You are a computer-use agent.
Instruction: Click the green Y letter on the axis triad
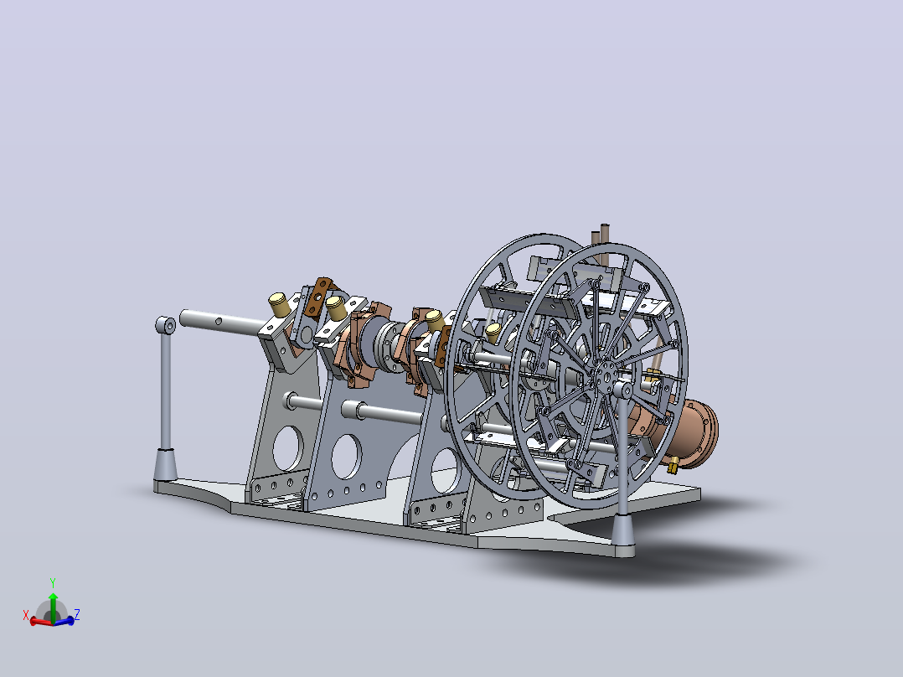point(53,582)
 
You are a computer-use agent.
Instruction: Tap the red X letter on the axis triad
point(26,615)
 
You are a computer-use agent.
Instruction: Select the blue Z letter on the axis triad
point(76,614)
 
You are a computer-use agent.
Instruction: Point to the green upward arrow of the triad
point(53,607)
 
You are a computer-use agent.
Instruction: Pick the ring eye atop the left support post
point(166,326)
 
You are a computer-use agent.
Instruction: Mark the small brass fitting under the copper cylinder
point(672,464)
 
